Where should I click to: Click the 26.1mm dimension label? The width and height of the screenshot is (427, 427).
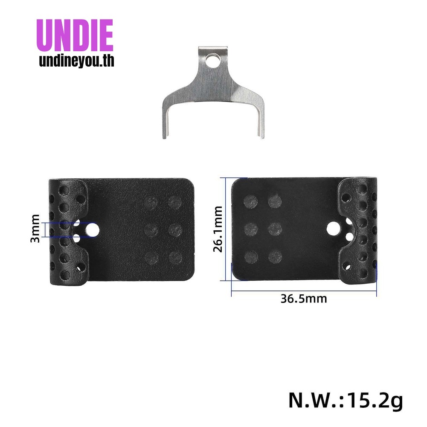tap(218, 229)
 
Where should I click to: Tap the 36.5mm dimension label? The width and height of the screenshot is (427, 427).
tap(304, 298)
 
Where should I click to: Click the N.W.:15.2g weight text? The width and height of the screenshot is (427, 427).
tap(345, 401)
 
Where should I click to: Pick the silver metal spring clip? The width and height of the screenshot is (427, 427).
tap(213, 92)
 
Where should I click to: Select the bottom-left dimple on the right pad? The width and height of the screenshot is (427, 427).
tap(251, 256)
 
